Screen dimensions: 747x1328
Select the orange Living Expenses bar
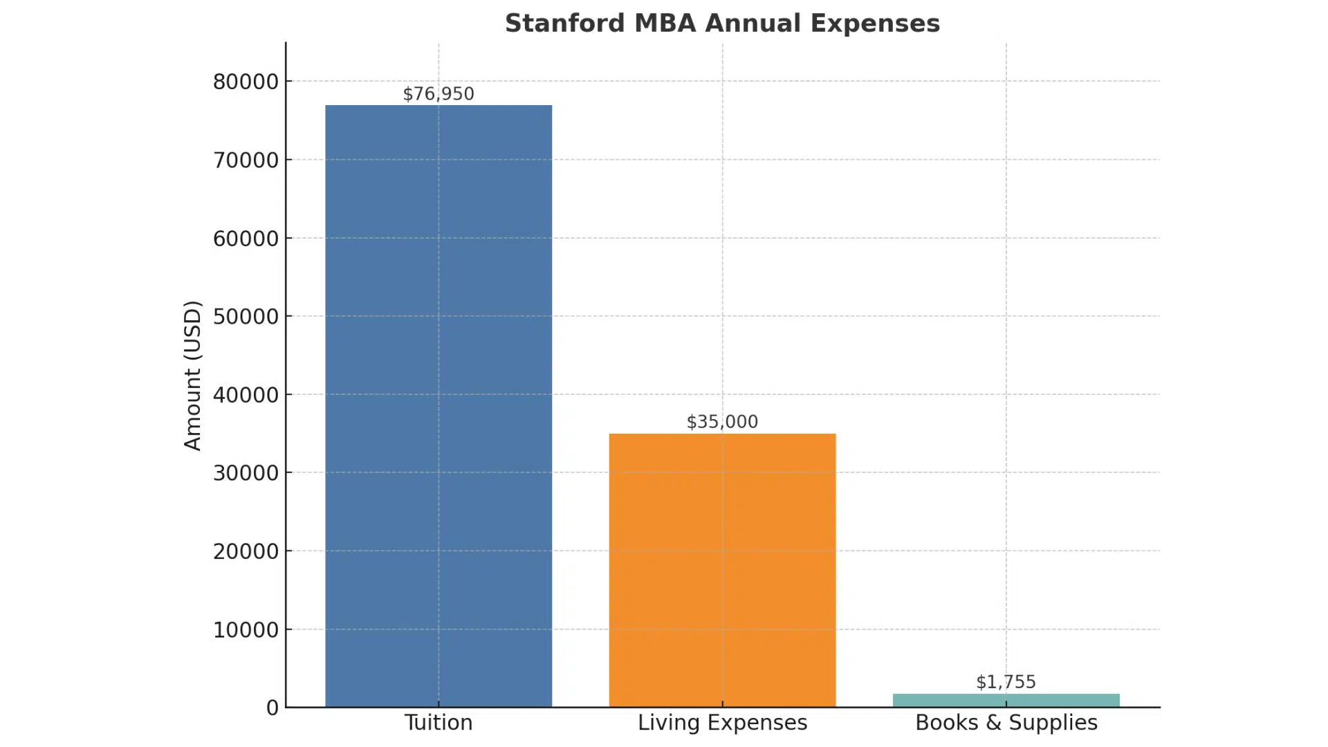coord(722,570)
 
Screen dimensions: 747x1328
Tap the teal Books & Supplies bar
coord(1006,700)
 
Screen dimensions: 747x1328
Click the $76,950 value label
coord(439,93)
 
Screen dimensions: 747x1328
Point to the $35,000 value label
coord(722,421)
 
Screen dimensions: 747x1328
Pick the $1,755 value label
coord(1006,681)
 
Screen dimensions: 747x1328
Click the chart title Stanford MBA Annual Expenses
coord(722,24)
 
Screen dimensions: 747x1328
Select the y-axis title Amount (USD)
coord(193,375)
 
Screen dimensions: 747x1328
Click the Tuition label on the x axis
coord(439,723)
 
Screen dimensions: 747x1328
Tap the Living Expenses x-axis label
coord(722,723)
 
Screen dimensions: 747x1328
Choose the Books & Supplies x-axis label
coord(1006,723)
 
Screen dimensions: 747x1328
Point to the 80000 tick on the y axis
coord(246,82)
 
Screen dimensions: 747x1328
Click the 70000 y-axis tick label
coord(246,160)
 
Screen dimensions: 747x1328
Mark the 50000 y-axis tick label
coord(246,317)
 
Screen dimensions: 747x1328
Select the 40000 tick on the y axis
coord(246,395)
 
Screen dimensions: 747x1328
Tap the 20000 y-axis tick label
coord(246,551)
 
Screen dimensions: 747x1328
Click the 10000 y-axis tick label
coord(246,630)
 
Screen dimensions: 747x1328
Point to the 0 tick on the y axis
coord(273,708)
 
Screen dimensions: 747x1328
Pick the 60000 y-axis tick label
coord(246,239)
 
